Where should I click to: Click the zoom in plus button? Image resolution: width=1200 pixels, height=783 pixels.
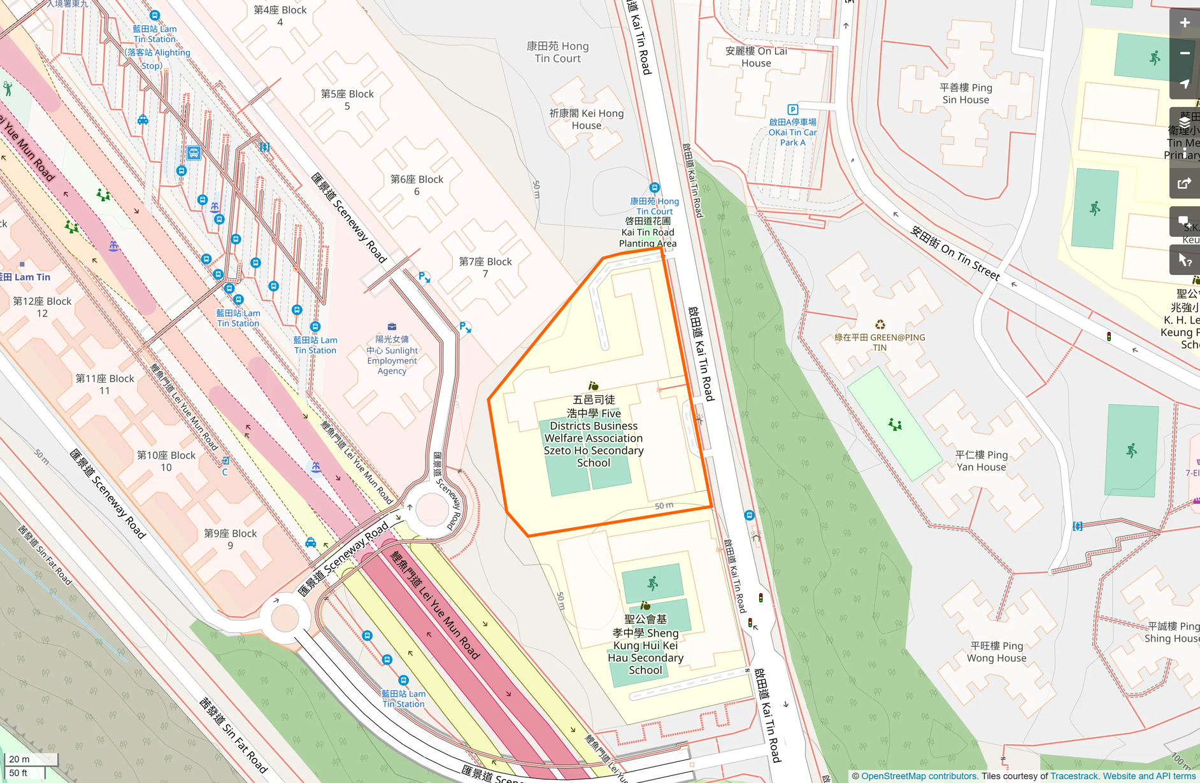click(x=1184, y=23)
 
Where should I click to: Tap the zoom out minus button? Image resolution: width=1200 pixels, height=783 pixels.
click(x=1184, y=53)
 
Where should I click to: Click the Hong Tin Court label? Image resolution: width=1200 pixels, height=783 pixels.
click(x=557, y=52)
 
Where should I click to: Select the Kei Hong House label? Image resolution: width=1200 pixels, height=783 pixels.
click(x=586, y=119)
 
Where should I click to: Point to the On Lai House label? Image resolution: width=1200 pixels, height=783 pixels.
click(x=756, y=57)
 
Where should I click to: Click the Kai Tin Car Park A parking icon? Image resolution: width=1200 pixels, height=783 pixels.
click(x=792, y=109)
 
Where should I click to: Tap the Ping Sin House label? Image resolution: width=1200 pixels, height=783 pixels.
click(x=966, y=94)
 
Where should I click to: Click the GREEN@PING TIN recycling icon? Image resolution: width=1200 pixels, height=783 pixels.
click(x=880, y=325)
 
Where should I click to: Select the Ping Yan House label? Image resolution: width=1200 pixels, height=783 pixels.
click(x=981, y=461)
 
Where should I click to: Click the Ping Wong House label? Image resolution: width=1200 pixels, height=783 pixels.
click(x=996, y=652)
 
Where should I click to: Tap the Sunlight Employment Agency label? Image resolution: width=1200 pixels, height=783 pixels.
click(x=392, y=355)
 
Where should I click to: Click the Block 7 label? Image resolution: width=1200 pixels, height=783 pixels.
click(x=485, y=267)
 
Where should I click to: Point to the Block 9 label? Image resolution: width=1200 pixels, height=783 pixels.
click(x=230, y=539)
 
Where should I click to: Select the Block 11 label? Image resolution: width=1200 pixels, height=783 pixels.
click(x=104, y=384)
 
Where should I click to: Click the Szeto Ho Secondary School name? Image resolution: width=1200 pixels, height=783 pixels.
click(x=594, y=432)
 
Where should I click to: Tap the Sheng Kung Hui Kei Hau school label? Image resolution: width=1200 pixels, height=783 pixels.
click(x=645, y=644)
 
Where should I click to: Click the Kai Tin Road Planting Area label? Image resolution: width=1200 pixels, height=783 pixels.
click(x=648, y=232)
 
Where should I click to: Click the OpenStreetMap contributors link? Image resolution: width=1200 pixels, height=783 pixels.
click(x=918, y=776)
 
